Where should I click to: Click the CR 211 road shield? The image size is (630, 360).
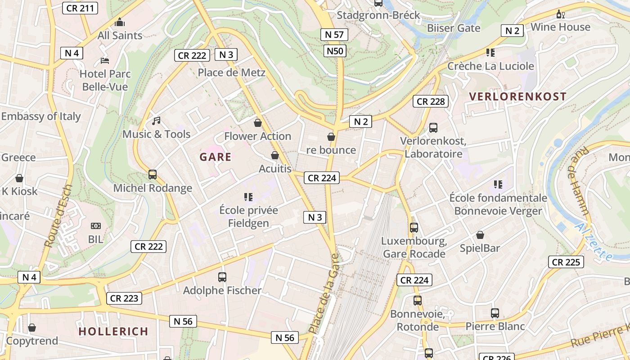[x=80, y=8]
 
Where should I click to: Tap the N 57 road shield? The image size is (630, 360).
[x=334, y=35]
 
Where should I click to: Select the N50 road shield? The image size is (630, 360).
[x=335, y=51]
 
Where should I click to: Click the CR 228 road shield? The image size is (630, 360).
[x=431, y=102]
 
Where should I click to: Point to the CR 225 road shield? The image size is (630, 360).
[x=566, y=262]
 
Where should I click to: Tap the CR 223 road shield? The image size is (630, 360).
[x=124, y=298]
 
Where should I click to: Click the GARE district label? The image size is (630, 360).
[x=215, y=157]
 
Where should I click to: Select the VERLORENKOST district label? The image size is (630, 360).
[x=517, y=96]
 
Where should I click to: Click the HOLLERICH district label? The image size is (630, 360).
[x=113, y=332]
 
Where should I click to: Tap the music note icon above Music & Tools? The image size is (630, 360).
[x=156, y=121]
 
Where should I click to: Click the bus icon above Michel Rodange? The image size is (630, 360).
[x=153, y=175]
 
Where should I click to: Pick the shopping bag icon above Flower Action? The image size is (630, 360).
[x=258, y=122]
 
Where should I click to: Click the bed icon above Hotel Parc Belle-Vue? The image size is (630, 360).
[x=105, y=60]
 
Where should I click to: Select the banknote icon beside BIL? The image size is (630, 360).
[x=95, y=226]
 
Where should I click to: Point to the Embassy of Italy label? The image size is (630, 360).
[x=40, y=116]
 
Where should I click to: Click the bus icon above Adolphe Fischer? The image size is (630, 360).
[x=222, y=277]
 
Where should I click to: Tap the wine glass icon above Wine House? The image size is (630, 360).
[x=560, y=14]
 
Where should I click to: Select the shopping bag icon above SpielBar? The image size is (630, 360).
[x=480, y=235]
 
